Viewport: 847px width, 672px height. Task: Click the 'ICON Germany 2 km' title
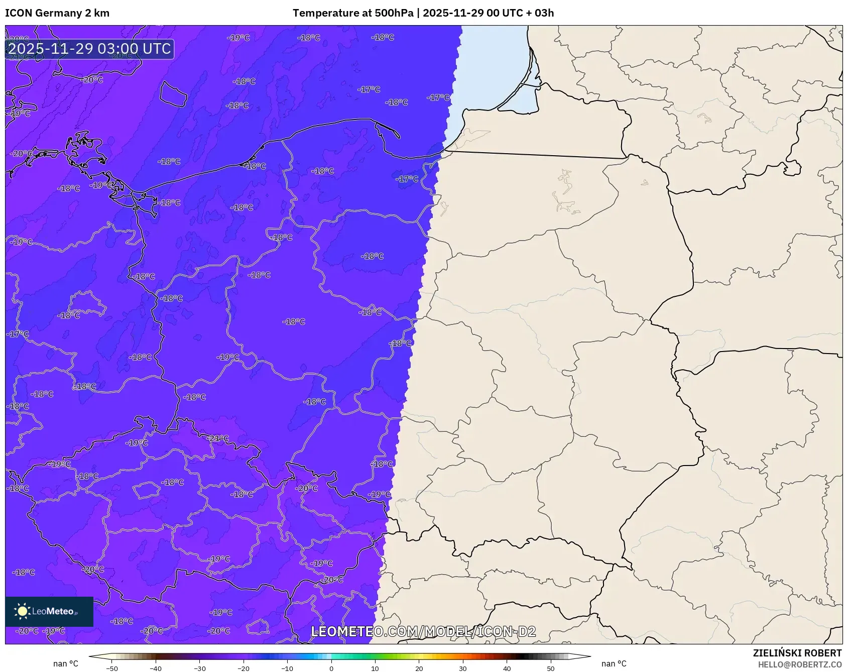click(x=57, y=13)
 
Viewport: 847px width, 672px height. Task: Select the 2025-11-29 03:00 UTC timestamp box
click(x=89, y=49)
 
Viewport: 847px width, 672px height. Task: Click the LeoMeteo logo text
click(x=53, y=611)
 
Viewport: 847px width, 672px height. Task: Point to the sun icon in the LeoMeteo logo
click(x=22, y=611)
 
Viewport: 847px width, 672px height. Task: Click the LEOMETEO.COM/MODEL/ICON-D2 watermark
click(x=423, y=631)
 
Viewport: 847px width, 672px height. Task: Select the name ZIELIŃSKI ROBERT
click(x=797, y=653)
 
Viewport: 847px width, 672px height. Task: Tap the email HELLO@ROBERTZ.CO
click(x=800, y=664)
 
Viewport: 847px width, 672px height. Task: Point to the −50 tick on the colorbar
click(x=112, y=668)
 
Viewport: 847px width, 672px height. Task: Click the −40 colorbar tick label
click(x=156, y=668)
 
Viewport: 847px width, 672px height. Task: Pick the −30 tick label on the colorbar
click(x=200, y=668)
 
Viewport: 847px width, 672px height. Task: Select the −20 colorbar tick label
click(x=244, y=668)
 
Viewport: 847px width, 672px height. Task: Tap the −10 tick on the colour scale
click(x=287, y=668)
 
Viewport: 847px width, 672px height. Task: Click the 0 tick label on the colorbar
click(x=331, y=668)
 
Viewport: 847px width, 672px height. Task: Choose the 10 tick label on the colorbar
click(x=375, y=668)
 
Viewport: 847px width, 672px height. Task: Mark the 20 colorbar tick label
click(x=419, y=668)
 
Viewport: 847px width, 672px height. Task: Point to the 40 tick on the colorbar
click(x=507, y=668)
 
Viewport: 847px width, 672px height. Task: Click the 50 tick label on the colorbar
click(x=551, y=668)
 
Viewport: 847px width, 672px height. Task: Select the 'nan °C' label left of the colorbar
click(x=66, y=664)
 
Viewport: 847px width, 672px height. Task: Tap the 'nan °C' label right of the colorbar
click(x=614, y=664)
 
